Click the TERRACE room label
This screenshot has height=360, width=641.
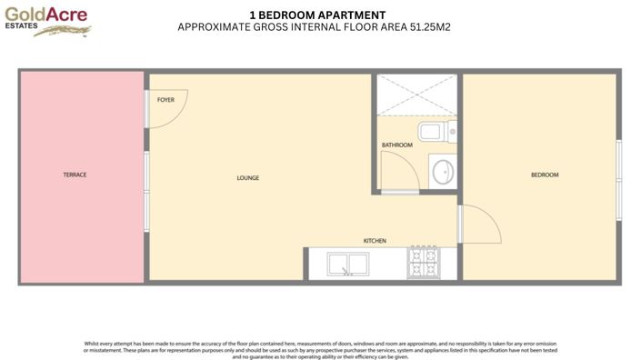(x=75, y=175)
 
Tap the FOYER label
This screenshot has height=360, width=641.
(x=165, y=99)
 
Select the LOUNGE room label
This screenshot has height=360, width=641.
(x=247, y=178)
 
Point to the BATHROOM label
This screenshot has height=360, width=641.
(x=396, y=145)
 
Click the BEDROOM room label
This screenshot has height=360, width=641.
(x=545, y=175)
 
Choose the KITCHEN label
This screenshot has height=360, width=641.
(x=375, y=241)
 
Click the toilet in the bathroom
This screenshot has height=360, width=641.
(x=435, y=135)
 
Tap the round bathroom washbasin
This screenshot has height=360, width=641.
(x=443, y=171)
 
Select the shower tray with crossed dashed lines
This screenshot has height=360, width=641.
(x=416, y=95)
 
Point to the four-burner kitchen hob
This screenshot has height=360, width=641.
(x=423, y=263)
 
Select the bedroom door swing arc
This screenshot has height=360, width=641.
(x=480, y=224)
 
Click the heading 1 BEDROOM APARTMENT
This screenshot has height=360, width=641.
(x=316, y=15)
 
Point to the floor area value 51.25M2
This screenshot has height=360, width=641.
(x=426, y=27)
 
